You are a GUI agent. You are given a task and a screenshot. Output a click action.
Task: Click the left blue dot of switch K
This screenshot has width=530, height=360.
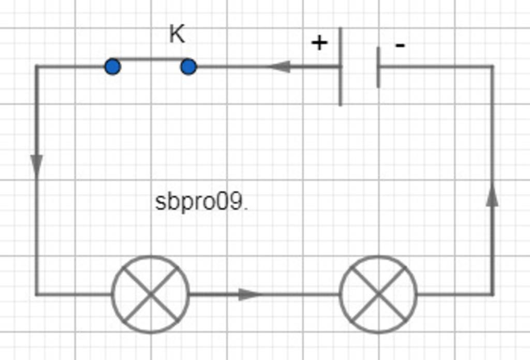click(x=112, y=67)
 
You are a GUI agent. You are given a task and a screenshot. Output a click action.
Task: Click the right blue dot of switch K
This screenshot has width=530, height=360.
click(x=188, y=67)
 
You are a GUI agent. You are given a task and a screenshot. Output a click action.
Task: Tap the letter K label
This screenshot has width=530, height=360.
click(x=177, y=35)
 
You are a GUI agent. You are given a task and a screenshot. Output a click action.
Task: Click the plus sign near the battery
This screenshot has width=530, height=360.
click(x=319, y=42)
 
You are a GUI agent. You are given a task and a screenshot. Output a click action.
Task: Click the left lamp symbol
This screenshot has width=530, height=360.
click(x=151, y=294)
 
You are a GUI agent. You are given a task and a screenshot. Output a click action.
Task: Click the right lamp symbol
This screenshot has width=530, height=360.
click(x=378, y=294)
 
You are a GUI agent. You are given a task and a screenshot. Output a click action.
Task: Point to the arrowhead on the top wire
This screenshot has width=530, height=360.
click(x=279, y=67)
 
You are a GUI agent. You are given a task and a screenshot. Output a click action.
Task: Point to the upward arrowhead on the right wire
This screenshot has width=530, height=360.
click(x=492, y=196)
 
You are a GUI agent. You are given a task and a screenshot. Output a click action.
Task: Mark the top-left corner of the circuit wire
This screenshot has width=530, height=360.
click(x=36, y=66)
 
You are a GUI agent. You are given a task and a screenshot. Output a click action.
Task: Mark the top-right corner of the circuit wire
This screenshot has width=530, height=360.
click(x=492, y=66)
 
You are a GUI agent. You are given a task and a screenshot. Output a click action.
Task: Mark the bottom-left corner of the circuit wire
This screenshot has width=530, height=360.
click(x=36, y=294)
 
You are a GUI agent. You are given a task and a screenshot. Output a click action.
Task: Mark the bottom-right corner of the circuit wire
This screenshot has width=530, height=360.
click(x=492, y=294)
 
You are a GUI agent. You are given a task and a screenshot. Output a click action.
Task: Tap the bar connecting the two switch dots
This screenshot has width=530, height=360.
click(x=151, y=59)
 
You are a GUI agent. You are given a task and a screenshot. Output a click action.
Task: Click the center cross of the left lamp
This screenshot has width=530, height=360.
click(x=151, y=294)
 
